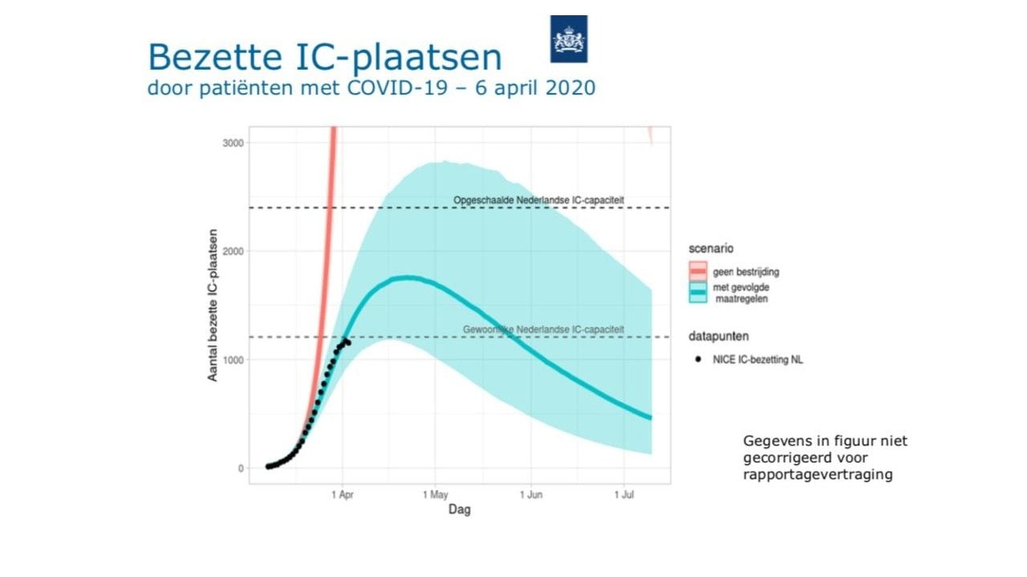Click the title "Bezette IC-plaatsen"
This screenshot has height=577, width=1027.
coord(324,58)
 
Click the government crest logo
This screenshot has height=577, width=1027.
coord(568,38)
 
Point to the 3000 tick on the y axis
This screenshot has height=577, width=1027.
coord(235,143)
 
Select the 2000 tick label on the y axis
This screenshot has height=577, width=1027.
coord(235,252)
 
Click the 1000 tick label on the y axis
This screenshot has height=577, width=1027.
coord(235,360)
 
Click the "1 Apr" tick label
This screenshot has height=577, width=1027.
coord(342,494)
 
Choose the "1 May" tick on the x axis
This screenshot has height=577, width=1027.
coord(435,494)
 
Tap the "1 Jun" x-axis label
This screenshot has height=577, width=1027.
coord(530,494)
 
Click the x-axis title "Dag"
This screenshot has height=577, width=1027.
coord(460,510)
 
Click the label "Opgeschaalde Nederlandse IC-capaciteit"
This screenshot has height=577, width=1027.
coord(538,200)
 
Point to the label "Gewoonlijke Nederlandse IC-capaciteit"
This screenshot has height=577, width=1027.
coord(543,329)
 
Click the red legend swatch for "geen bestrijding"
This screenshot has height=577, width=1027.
coord(698,271)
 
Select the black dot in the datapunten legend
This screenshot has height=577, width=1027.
coord(698,360)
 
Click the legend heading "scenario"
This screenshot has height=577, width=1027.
coord(710,248)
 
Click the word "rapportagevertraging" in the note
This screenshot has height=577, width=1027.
coord(818,474)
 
